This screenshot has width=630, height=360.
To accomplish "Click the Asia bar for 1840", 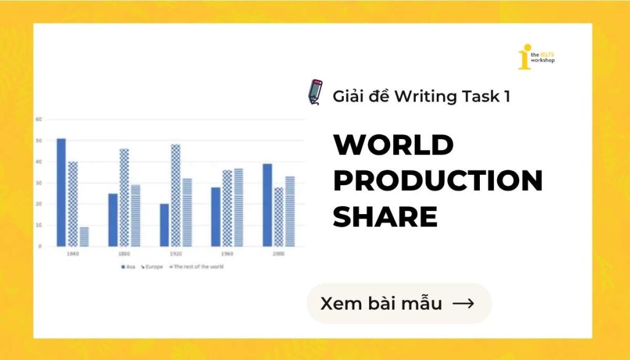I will tap(61, 192).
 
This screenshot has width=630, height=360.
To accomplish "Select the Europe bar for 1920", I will tap(176, 195).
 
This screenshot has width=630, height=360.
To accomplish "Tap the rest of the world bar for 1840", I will tap(84, 237).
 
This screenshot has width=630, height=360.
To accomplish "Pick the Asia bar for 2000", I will tap(268, 205).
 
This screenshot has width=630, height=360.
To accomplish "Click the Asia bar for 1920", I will tap(164, 225).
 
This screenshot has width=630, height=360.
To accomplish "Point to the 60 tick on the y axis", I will tap(38, 119).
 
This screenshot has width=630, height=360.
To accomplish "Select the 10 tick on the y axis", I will tap(38, 225).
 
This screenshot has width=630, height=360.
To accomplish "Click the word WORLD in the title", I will tap(393, 146).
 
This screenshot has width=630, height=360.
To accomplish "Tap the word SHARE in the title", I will tap(385, 217).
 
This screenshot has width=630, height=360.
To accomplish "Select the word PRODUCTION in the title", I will tap(437, 182).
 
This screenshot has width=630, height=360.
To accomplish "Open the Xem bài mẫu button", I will tap(399, 303).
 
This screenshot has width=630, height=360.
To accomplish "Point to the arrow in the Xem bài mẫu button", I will tap(463, 303).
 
